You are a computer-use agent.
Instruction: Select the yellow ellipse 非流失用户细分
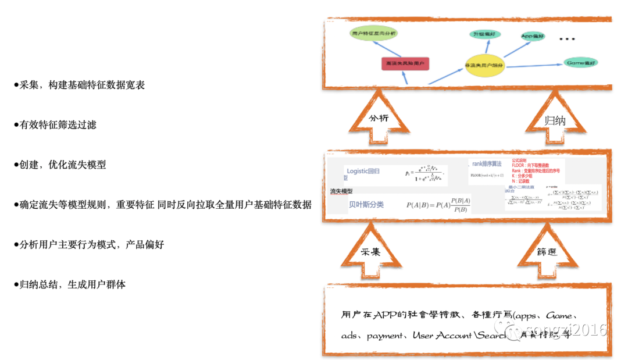(x=484, y=66)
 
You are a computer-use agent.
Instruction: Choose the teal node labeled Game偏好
(x=581, y=62)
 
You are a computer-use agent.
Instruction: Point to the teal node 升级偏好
(x=486, y=34)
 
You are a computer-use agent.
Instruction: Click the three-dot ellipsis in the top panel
(x=566, y=40)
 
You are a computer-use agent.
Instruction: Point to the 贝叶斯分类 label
(x=366, y=204)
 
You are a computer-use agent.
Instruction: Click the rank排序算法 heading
(x=487, y=165)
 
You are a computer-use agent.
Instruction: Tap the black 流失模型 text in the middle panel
(x=341, y=191)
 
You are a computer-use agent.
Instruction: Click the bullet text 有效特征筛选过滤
(x=58, y=124)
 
